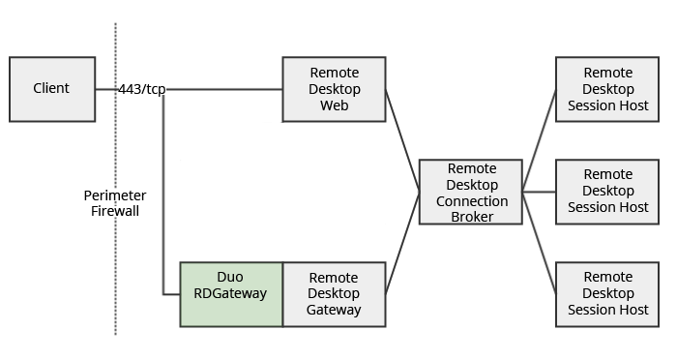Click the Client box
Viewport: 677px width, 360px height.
point(52,89)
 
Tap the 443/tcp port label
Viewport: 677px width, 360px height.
point(142,89)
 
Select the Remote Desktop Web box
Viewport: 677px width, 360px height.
point(334,89)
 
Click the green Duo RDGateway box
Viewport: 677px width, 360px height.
point(231,293)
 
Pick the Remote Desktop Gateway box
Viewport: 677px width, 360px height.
point(334,293)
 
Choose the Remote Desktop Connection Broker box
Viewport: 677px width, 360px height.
point(470,192)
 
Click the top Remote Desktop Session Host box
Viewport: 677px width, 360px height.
point(607,89)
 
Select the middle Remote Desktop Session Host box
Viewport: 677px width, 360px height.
point(607,192)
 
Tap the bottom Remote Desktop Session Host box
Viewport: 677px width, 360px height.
point(607,293)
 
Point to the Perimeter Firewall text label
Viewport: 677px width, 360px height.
point(115,202)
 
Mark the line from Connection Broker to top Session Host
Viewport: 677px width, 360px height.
point(539,139)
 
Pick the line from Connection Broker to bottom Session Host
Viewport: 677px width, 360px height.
point(539,242)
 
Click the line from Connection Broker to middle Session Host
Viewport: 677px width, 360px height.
point(539,192)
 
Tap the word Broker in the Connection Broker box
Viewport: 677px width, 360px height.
point(471,217)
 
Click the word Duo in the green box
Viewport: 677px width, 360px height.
point(230,277)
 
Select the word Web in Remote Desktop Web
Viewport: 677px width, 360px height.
point(334,105)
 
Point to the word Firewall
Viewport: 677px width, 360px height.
point(115,210)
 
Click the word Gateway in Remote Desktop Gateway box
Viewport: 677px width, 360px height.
point(334,310)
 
